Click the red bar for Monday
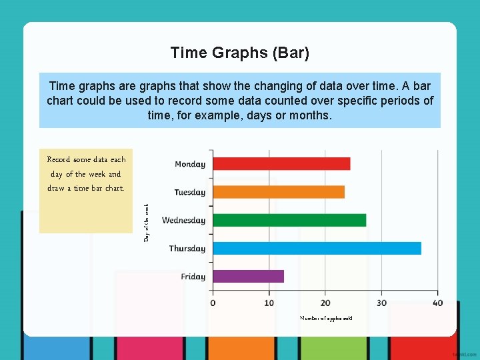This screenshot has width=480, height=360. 281,163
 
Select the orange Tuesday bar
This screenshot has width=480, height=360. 279,192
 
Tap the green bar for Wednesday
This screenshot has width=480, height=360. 289,220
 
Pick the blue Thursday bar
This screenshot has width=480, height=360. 317,248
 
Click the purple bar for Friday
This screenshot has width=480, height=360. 248,276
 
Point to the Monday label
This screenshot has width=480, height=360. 190,164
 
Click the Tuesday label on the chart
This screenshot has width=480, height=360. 190,193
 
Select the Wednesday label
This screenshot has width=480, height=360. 184,221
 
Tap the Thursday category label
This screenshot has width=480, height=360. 187,249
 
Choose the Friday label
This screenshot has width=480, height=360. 193,277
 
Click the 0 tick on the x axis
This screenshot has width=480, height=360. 213,303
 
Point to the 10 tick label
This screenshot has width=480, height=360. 269,303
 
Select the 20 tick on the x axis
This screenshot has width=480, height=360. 325,303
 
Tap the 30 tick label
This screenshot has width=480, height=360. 381,303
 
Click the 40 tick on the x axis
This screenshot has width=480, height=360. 437,303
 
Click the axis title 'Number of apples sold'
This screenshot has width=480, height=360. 326,318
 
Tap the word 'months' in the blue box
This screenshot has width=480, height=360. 309,115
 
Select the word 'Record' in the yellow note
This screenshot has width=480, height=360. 59,160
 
